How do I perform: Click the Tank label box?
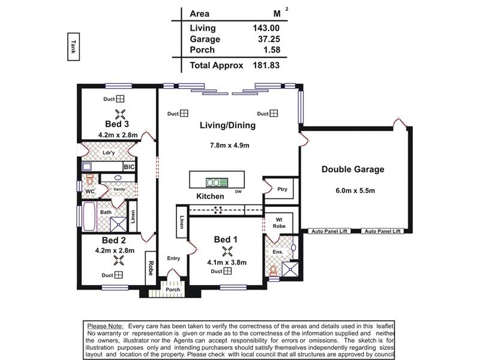point(73,47)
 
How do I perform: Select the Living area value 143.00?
point(266,28)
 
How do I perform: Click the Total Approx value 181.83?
point(266,65)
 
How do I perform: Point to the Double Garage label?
point(352,169)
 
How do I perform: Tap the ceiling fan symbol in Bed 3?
point(120,113)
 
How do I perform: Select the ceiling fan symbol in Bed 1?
point(227,251)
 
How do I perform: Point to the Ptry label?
point(282,189)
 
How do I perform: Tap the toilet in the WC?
point(90,180)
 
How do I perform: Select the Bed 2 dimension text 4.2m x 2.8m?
point(114,251)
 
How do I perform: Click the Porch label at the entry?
point(173,290)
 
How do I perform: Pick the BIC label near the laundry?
point(130,166)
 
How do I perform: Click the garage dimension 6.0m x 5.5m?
point(355,191)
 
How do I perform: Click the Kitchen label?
point(210,196)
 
